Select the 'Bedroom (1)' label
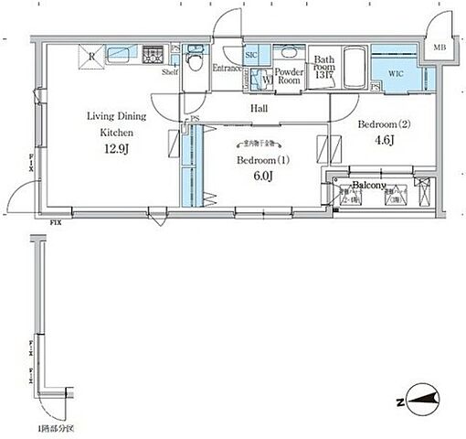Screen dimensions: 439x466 [x=262, y=160]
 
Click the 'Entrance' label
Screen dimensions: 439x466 [x=226, y=69]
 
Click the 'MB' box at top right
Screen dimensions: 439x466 [x=440, y=48]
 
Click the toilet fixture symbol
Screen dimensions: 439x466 [x=193, y=61]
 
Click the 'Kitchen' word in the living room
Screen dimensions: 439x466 [x=116, y=132]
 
